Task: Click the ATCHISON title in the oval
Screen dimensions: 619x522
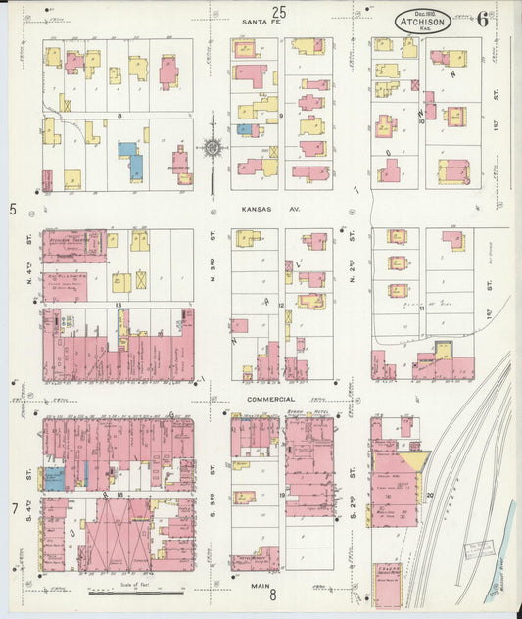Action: (422, 22)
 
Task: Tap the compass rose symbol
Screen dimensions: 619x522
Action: (213, 149)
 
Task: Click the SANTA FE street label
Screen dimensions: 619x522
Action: (261, 21)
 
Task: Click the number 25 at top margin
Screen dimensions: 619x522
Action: (279, 12)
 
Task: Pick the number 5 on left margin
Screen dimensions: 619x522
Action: (13, 209)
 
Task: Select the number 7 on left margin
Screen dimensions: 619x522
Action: (14, 509)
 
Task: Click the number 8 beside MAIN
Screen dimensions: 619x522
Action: (273, 594)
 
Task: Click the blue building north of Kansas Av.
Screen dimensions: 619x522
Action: (130, 160)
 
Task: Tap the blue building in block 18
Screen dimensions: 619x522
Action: (55, 479)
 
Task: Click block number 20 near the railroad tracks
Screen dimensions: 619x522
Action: (429, 496)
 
